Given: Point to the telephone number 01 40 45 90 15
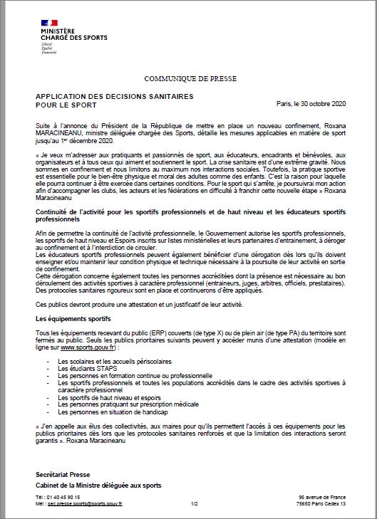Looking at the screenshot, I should click(x=63, y=496).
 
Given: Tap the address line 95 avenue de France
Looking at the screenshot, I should click(x=321, y=496).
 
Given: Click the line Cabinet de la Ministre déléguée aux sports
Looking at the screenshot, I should click(x=98, y=485).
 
